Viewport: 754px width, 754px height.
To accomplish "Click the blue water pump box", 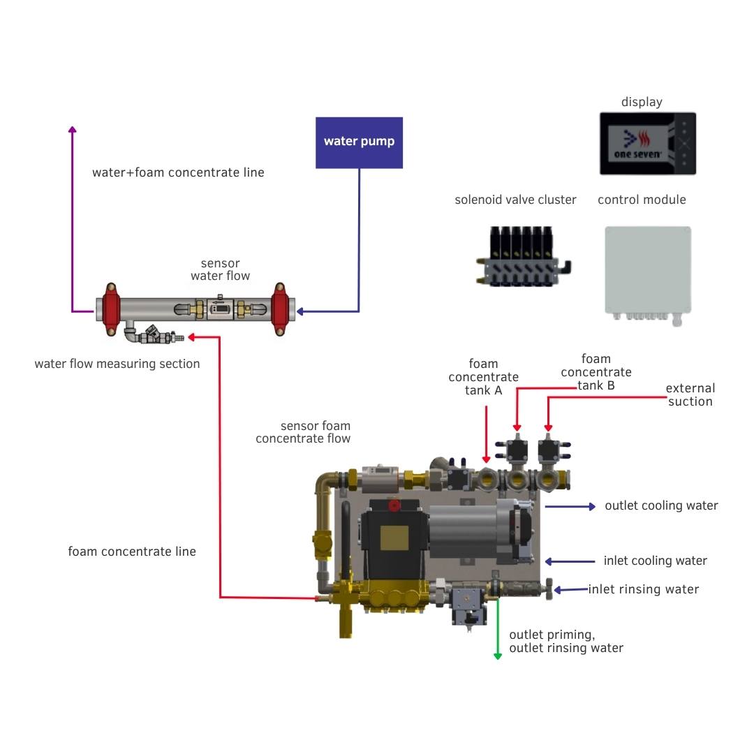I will [x=359, y=142].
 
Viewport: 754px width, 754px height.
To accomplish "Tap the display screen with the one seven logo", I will [x=647, y=143].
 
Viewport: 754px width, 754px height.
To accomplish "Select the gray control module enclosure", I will [x=648, y=270].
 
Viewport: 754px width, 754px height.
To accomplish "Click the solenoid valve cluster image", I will [x=523, y=257].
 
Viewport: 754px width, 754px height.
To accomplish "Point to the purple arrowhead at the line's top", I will [x=72, y=130].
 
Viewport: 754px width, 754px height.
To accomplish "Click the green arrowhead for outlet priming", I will [x=498, y=655].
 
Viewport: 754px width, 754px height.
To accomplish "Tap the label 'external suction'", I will [x=690, y=394].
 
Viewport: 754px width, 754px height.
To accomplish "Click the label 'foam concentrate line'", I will [x=132, y=552].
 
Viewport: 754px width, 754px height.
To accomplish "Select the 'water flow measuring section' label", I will [x=117, y=364].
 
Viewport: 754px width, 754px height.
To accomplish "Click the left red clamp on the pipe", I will [x=110, y=309].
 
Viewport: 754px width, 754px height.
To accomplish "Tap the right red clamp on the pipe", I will [x=279, y=309].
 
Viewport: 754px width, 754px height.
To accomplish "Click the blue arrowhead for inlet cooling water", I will [x=549, y=561].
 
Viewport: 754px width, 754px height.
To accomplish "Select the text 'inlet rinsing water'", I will [x=643, y=589].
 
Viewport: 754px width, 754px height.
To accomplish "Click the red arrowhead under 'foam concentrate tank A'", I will [x=487, y=459].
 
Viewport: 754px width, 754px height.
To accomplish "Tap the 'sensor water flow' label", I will [x=220, y=269].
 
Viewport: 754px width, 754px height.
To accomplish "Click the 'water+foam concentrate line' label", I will [x=178, y=172].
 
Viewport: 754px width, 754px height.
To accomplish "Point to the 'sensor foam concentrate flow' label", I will [x=303, y=432].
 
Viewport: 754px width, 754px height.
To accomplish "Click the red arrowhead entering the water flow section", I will [x=193, y=337].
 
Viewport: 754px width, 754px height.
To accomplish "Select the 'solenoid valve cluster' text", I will [x=515, y=200].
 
